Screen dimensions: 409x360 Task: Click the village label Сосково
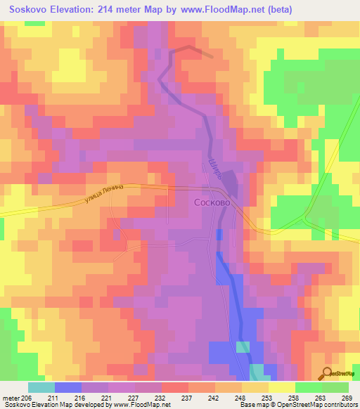[x=211, y=201]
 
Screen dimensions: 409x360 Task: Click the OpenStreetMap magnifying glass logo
[x=328, y=373]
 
